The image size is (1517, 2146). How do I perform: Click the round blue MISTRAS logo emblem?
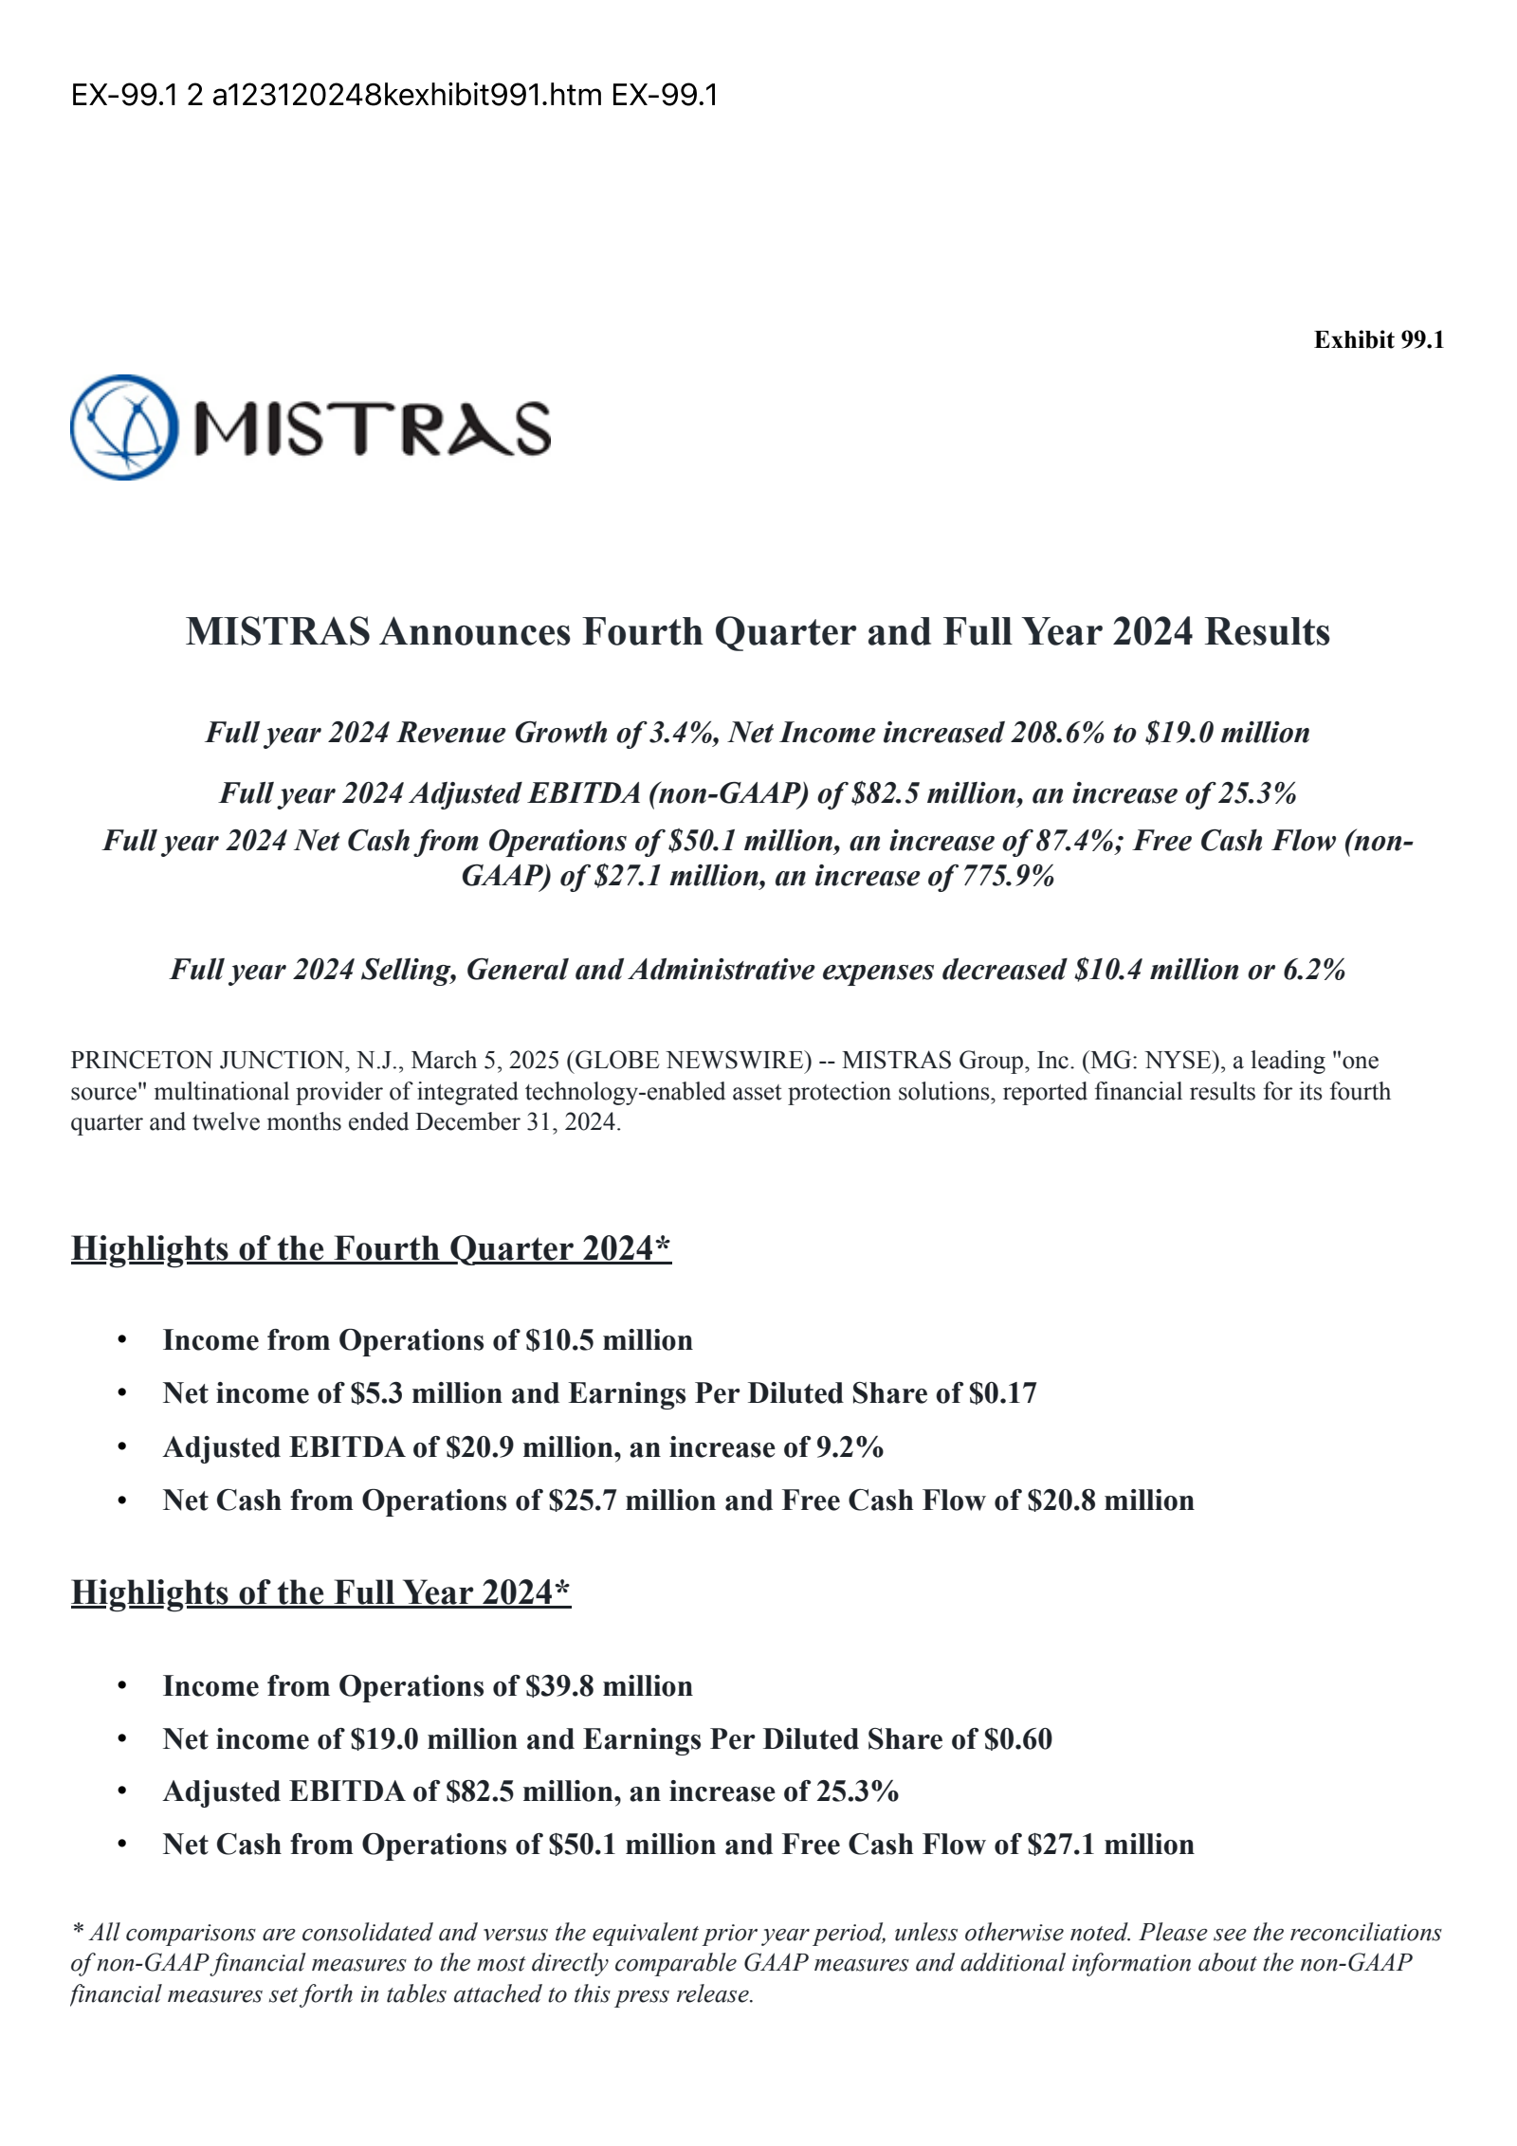point(124,427)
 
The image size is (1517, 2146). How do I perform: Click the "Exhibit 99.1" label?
point(1378,340)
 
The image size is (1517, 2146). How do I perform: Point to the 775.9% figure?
point(1008,876)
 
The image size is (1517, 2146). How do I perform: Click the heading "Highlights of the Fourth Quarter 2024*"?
point(371,1248)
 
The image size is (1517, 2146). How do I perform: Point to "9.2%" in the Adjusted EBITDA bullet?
point(850,1447)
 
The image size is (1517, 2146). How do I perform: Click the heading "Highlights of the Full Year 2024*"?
point(320,1592)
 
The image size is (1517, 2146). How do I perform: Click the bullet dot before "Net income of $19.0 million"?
point(121,1739)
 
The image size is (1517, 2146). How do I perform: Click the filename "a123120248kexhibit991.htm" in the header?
point(407,95)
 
